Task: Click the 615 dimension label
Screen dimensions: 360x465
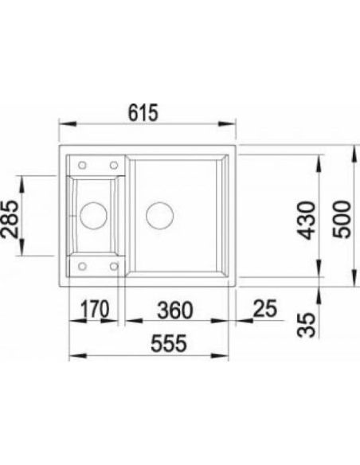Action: click(143, 113)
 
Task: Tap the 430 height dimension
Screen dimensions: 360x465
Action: click(307, 220)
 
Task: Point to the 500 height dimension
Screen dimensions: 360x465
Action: click(341, 219)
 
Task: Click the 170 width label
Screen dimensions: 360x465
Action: click(95, 309)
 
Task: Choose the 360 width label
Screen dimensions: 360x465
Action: click(175, 311)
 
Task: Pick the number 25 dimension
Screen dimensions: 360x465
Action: click(265, 308)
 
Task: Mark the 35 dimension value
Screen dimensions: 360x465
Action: click(306, 325)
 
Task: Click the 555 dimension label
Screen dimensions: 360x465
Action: click(169, 343)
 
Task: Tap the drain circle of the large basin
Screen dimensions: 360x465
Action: click(159, 215)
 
